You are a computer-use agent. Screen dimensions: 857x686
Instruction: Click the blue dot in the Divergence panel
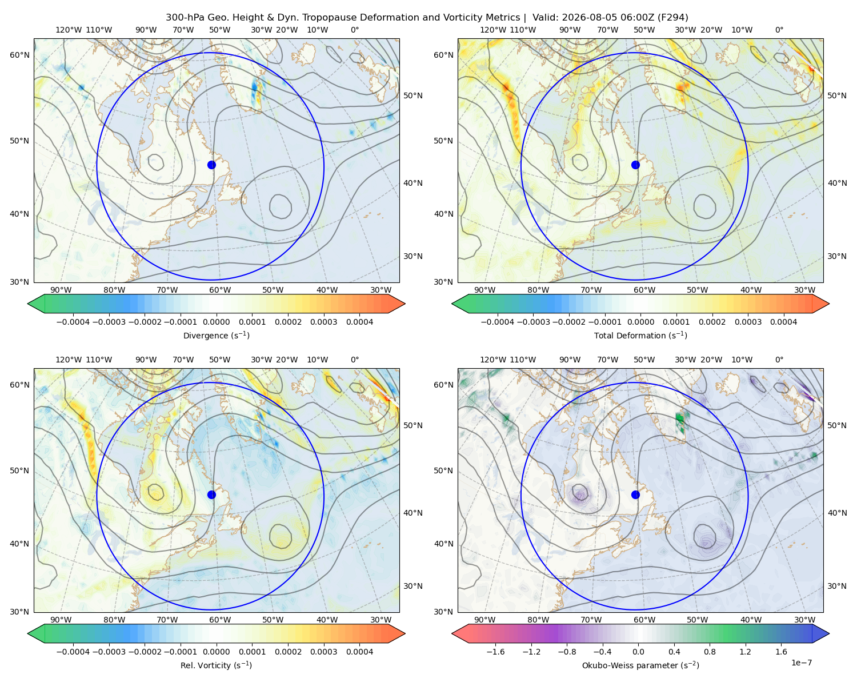[211, 165]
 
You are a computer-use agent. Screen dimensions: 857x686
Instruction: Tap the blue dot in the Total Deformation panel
[635, 165]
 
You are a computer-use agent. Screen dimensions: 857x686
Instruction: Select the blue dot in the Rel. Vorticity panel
[211, 494]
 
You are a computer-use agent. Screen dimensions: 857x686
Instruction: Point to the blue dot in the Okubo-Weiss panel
[635, 494]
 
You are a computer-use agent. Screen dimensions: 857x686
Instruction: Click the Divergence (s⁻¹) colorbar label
[216, 335]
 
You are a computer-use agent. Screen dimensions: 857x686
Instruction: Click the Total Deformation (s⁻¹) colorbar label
[640, 335]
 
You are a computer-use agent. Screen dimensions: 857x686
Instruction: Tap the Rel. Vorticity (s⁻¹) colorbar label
[216, 665]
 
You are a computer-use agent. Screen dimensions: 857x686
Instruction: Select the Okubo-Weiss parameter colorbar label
[640, 665]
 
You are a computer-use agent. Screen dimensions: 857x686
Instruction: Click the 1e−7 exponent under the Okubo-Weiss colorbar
[801, 663]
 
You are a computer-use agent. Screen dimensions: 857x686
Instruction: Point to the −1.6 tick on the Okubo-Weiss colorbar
[495, 651]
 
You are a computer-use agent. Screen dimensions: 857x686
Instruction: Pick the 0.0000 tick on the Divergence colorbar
[216, 322]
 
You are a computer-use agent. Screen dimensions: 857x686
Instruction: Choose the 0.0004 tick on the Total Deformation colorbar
[783, 322]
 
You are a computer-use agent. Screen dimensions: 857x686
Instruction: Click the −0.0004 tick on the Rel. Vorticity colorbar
[73, 651]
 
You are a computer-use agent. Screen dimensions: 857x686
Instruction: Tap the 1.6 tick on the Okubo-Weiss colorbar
[782, 651]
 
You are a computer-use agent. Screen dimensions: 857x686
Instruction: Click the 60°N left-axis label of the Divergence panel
[19, 55]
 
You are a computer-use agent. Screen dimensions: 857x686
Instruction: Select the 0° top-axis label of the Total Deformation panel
[779, 30]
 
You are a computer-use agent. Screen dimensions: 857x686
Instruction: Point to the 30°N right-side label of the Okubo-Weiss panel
[837, 585]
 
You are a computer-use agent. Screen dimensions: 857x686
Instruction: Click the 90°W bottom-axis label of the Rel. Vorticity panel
[61, 620]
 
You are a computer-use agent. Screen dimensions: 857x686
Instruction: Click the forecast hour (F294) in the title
[674, 17]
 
